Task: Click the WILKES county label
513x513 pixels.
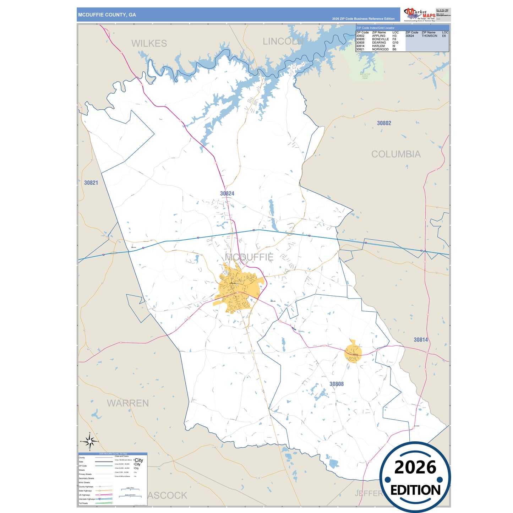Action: pos(149,43)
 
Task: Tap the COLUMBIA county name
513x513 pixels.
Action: pos(396,154)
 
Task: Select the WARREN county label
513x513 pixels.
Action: pos(128,403)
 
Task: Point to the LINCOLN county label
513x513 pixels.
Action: pos(283,42)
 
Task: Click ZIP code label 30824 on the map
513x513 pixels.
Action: pos(227,193)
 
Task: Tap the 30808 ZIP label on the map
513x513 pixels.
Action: pos(337,384)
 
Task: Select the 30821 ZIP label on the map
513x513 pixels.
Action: pos(91,183)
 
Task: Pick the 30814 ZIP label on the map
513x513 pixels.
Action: pos(421,340)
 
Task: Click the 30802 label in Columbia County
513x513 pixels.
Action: pos(384,123)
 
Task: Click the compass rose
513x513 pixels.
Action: pos(90,442)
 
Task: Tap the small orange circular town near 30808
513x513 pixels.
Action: pos(353,353)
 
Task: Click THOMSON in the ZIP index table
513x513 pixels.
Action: pos(429,36)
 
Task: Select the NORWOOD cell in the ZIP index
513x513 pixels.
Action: pos(380,49)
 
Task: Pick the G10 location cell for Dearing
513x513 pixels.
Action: pos(395,43)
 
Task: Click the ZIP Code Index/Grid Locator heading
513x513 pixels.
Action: pos(375,28)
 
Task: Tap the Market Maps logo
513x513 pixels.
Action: pos(420,15)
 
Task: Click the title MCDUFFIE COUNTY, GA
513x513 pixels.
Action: pos(107,15)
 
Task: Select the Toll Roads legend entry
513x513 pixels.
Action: pos(83,503)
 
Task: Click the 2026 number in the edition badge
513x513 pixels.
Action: pos(415,467)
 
